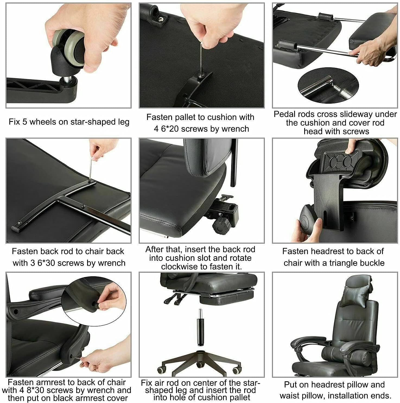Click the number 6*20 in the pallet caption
tap(170, 129)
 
